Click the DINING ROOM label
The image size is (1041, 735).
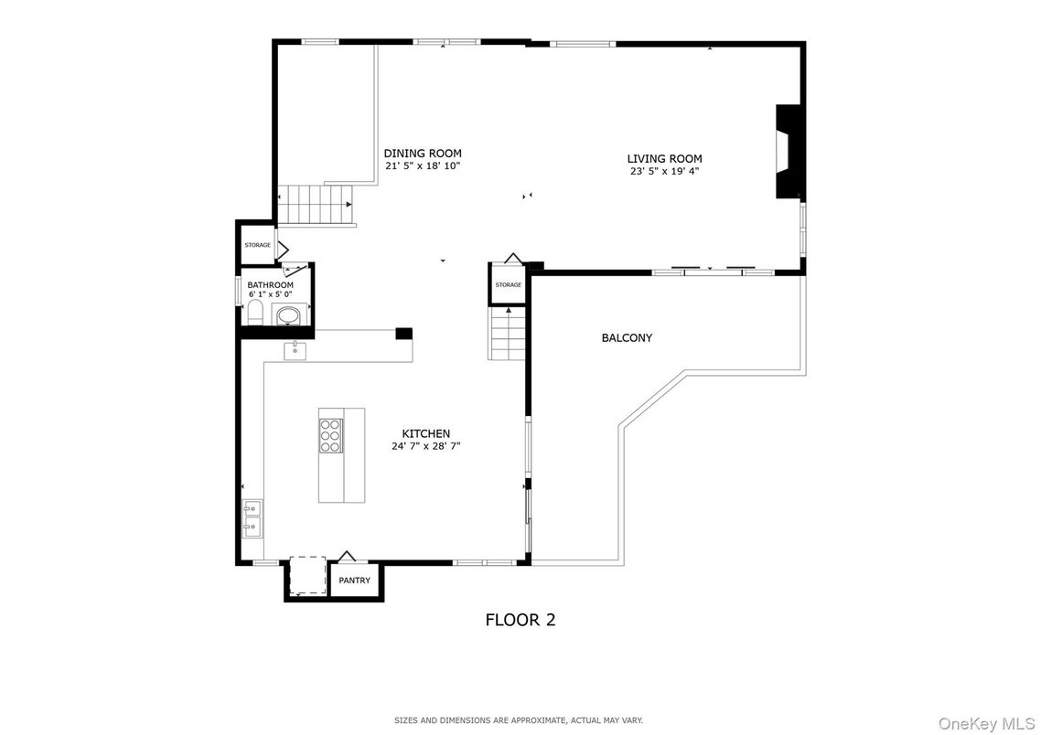click(423, 154)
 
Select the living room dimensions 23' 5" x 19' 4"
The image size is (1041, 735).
click(664, 171)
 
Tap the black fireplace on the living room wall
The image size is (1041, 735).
click(787, 152)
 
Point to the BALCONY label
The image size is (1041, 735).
click(627, 338)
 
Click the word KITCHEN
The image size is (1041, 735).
click(426, 433)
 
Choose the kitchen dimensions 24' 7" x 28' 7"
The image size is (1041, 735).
click(426, 446)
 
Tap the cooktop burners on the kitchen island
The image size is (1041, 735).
click(330, 436)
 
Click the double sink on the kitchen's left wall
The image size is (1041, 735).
click(252, 517)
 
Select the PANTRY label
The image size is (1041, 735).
click(354, 581)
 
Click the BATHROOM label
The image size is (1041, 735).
click(270, 285)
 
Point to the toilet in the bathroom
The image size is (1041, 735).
click(255, 314)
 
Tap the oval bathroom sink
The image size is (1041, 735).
click(288, 316)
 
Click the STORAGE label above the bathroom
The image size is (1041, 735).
click(257, 245)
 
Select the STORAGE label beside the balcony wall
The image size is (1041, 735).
click(509, 285)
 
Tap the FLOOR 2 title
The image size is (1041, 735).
click(520, 620)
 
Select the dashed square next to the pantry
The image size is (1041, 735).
click(306, 575)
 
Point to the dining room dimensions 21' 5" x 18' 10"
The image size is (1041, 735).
click(423, 166)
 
